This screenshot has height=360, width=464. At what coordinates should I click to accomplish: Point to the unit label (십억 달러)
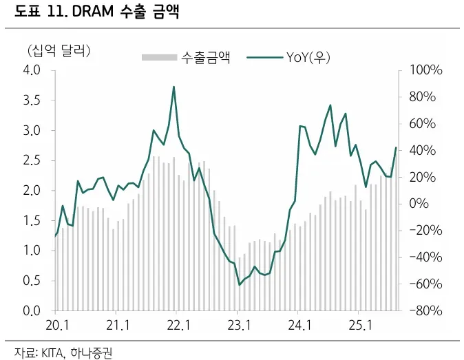(59, 50)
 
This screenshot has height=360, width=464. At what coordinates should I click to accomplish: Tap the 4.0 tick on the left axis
(32, 70)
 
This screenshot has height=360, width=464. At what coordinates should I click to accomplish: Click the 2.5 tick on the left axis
(32, 160)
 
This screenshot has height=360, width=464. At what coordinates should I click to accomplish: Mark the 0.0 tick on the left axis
(32, 310)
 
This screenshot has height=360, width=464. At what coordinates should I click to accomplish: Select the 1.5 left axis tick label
(32, 220)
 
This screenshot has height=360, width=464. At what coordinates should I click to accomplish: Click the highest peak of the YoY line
(174, 87)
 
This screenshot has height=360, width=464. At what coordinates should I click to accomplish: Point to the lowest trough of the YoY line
(240, 284)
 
